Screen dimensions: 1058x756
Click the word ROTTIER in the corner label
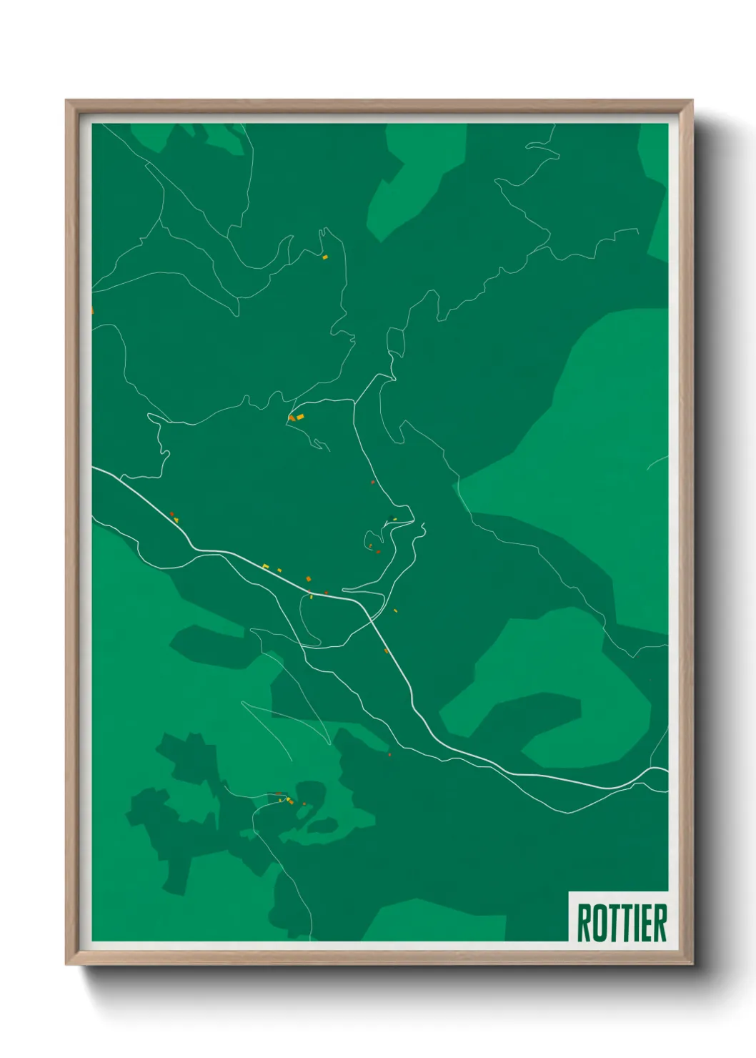(x=621, y=923)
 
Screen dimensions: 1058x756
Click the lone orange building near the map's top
(x=325, y=257)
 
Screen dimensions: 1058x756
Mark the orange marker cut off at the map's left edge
(x=92, y=310)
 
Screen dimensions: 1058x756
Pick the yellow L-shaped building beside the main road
(x=266, y=567)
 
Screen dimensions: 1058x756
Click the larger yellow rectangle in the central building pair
(x=300, y=416)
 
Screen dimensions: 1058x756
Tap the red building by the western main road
(x=171, y=513)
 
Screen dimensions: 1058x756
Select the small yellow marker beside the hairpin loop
(x=394, y=519)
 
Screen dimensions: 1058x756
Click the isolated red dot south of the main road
(x=389, y=754)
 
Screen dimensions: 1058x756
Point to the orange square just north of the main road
(x=309, y=578)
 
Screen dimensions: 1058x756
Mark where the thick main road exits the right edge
(x=667, y=770)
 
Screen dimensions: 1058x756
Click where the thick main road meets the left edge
(x=94, y=468)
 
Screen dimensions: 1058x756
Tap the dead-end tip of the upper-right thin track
(x=637, y=230)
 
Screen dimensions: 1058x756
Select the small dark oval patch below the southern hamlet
(x=323, y=826)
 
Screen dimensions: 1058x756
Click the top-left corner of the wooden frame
(x=66, y=101)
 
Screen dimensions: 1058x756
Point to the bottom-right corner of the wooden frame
(x=692, y=964)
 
